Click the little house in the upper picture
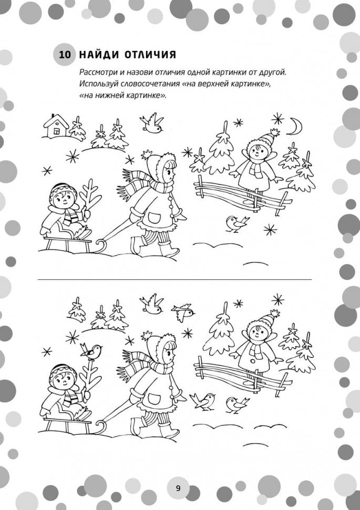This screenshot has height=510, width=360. (x=56, y=126)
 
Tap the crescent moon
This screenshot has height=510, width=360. (x=296, y=127)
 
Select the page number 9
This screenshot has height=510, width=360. (x=178, y=488)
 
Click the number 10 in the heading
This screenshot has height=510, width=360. (x=65, y=55)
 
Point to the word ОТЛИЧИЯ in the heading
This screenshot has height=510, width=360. (x=150, y=55)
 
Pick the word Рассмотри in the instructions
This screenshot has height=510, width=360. (x=96, y=73)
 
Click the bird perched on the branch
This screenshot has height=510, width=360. (x=91, y=351)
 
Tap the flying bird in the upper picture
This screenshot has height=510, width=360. (x=151, y=123)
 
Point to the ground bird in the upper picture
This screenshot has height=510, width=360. (x=237, y=224)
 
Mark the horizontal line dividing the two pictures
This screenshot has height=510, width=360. (x=174, y=279)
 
